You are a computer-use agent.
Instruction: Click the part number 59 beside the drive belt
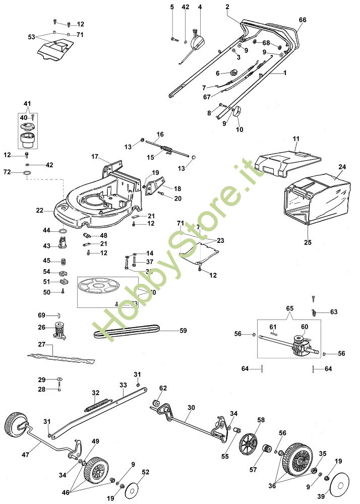click(184, 331)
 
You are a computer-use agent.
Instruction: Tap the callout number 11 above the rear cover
click(295, 138)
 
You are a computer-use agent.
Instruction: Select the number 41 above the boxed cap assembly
click(27, 103)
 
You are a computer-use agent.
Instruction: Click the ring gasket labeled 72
click(29, 175)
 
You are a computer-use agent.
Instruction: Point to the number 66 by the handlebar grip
click(303, 20)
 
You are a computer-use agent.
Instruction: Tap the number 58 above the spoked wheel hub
click(261, 420)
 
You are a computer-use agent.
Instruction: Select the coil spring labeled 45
click(64, 261)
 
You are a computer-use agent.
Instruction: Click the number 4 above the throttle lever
click(200, 7)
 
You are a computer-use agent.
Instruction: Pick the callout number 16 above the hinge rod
click(160, 134)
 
